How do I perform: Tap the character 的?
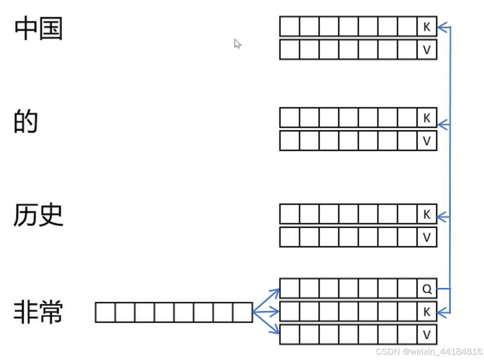(25, 122)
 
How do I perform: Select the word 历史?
(38, 216)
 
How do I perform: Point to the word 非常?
(38, 312)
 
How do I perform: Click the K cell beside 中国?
(427, 27)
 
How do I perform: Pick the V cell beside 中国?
(427, 50)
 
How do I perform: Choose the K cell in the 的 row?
(427, 118)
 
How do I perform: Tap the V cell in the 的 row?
(427, 141)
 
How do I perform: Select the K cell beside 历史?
(427, 214)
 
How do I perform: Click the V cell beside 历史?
(427, 237)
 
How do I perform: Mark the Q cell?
(427, 289)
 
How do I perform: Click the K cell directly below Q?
(427, 312)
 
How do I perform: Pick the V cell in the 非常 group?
(427, 335)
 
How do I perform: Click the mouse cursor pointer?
(237, 44)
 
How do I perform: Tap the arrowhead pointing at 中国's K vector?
(441, 28)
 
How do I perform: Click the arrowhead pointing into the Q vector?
(276, 292)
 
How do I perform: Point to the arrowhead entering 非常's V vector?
(276, 331)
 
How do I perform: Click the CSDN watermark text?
(429, 351)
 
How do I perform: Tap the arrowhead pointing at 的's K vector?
(441, 125)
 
